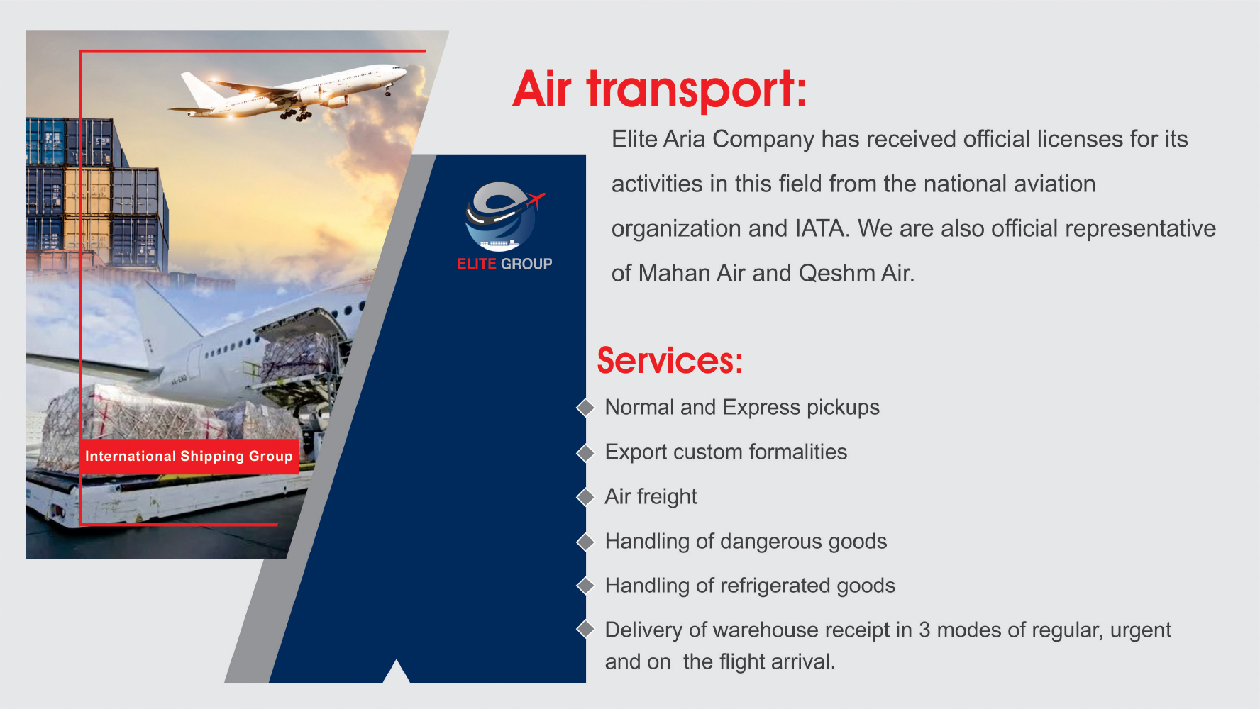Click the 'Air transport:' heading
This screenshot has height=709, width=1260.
tap(660, 90)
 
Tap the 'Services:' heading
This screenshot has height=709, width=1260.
tap(670, 360)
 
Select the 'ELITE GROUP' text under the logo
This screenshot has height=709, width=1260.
tap(504, 264)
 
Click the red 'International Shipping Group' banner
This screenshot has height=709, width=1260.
tap(189, 456)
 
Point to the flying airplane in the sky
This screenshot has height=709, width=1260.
tap(287, 91)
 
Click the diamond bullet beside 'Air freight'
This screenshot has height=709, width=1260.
tap(585, 497)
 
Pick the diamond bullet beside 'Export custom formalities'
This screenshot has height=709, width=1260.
tap(585, 452)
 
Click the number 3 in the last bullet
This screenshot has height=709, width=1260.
tap(924, 630)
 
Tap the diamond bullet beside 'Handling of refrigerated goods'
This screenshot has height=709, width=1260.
tap(585, 586)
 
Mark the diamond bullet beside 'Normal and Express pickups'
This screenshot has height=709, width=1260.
tap(585, 408)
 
